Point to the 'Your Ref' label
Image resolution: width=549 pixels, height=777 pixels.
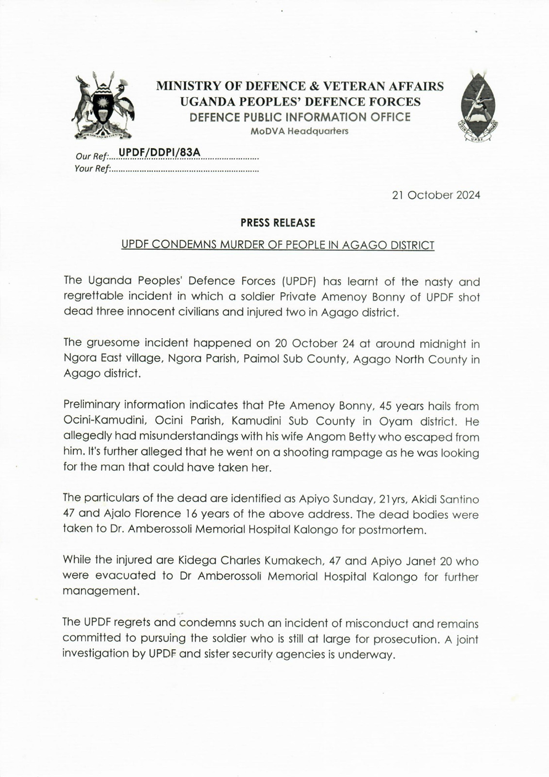92,169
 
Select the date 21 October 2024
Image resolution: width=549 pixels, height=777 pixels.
436,195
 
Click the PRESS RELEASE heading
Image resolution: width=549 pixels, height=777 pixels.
278,223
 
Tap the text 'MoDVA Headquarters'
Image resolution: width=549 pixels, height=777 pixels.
299,132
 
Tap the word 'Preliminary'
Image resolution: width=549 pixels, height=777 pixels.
92,406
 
